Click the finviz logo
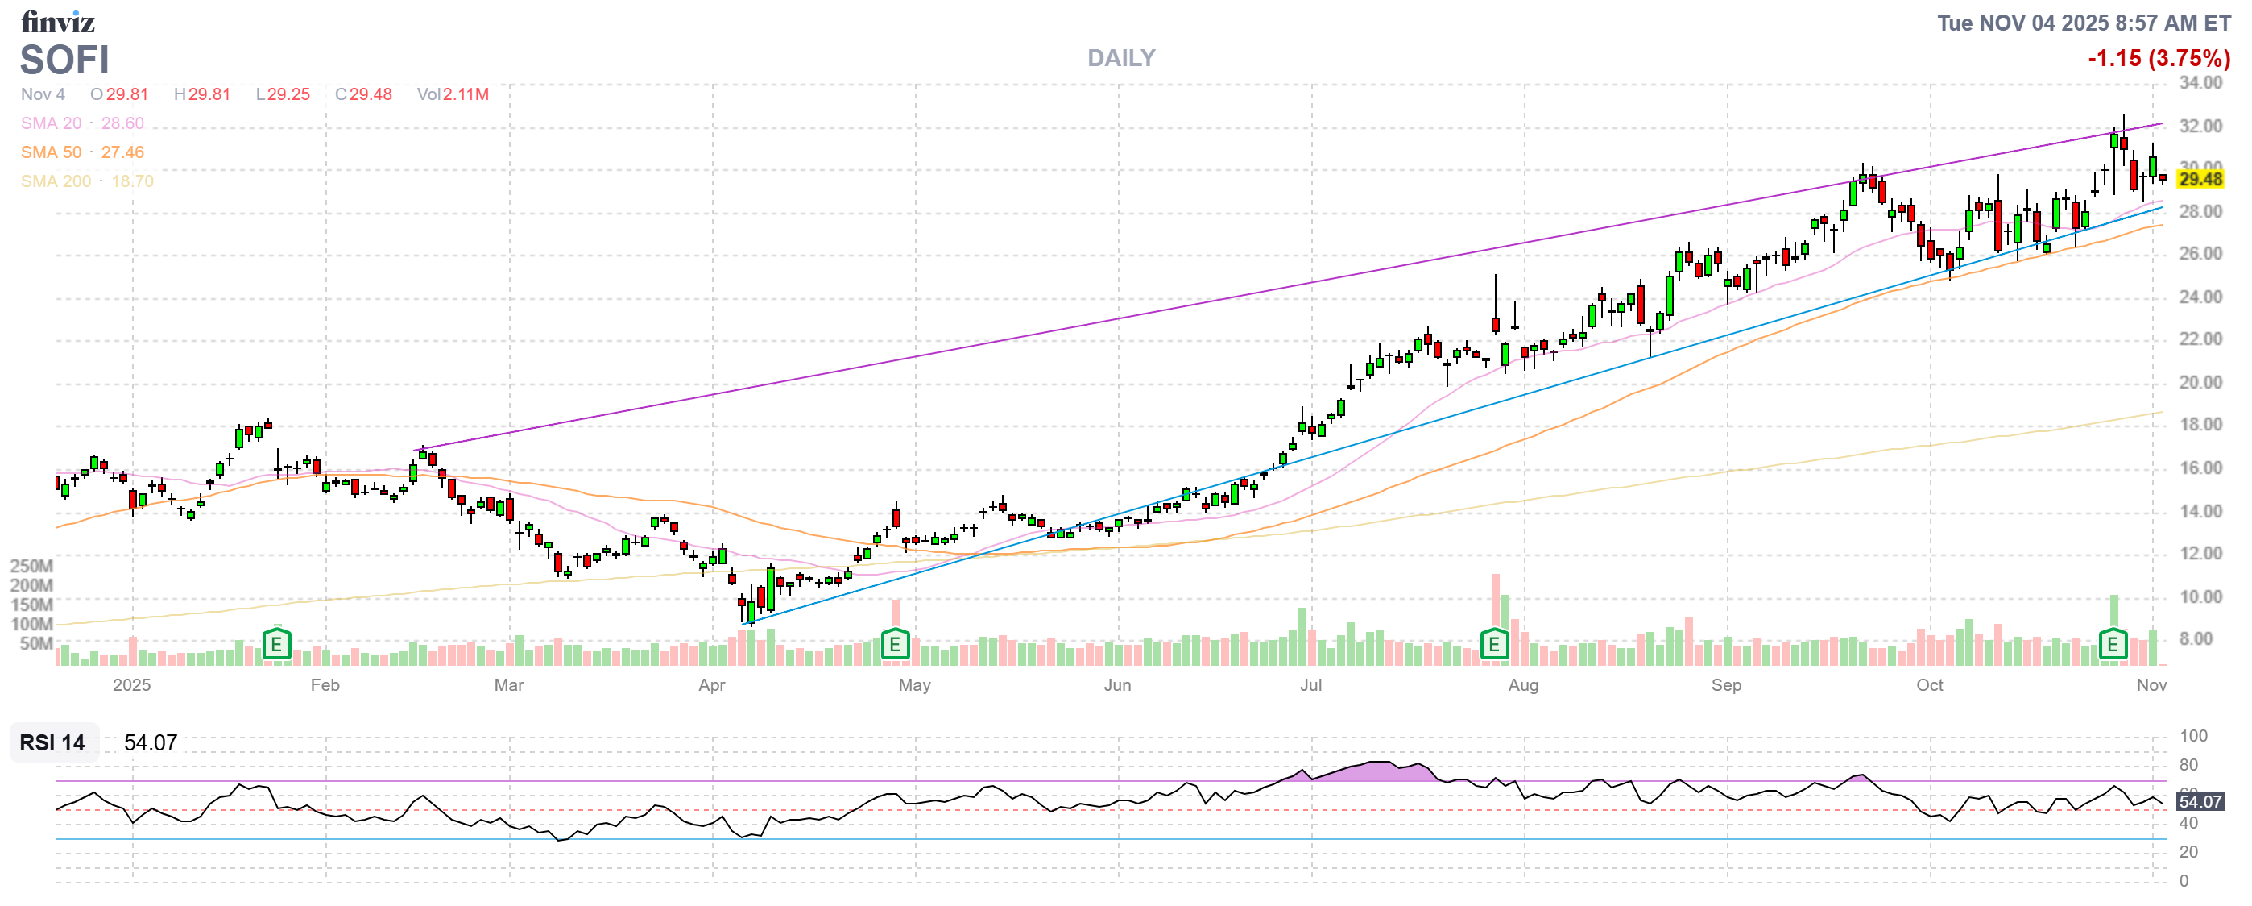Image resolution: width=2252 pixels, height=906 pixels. (x=58, y=21)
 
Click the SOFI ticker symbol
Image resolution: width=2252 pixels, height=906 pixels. (x=64, y=60)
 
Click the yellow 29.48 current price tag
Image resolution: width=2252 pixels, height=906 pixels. (x=2200, y=179)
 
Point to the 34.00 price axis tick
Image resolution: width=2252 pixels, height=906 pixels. (x=2200, y=83)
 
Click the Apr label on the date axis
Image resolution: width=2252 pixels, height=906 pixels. (x=712, y=685)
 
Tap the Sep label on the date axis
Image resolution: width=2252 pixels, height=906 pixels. (x=1726, y=685)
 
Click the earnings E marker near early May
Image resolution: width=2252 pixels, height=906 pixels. (x=894, y=646)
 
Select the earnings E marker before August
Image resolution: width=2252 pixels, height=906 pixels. (x=1494, y=646)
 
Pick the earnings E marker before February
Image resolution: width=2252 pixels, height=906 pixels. (x=276, y=646)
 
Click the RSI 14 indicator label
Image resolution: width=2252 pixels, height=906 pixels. (x=52, y=742)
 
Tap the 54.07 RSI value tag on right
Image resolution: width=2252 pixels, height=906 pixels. (x=2200, y=801)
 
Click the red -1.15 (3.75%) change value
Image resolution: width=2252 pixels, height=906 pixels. (x=2159, y=59)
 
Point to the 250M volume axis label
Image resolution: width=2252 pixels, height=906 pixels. (x=31, y=566)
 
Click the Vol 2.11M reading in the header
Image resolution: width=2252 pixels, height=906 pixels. (x=453, y=94)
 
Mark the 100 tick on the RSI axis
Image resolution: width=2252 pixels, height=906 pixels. (x=2193, y=735)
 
